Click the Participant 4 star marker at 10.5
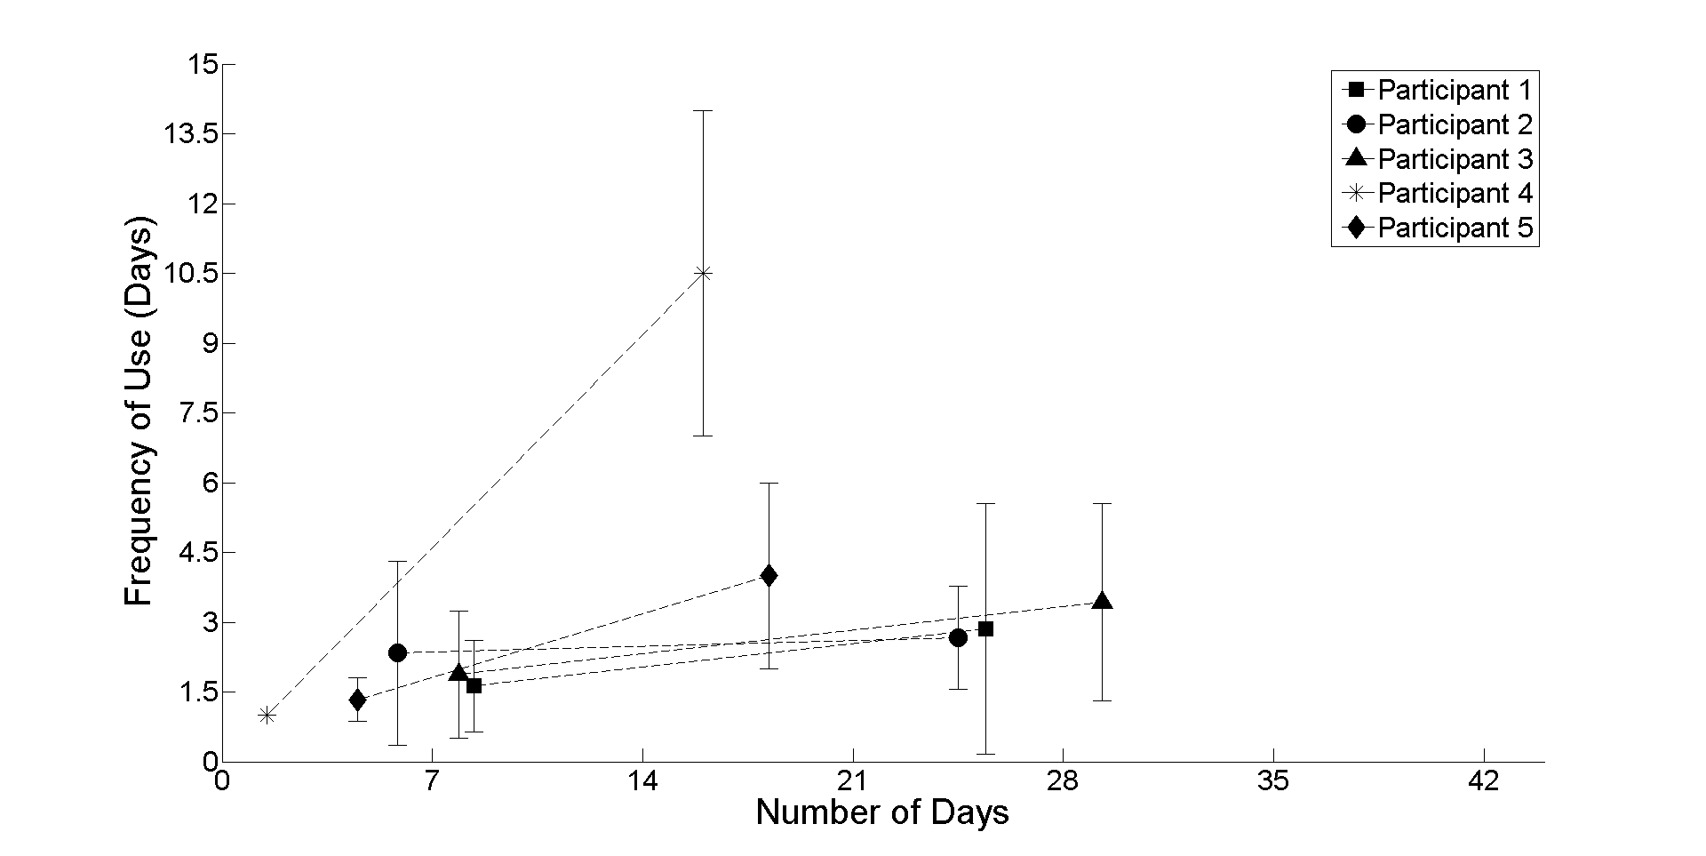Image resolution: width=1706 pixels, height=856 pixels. coord(704,273)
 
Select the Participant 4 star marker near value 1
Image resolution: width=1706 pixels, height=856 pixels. coord(267,715)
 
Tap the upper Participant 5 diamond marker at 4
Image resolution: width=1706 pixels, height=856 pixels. coord(769,575)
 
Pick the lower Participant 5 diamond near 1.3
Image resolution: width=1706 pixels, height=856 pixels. coord(357,700)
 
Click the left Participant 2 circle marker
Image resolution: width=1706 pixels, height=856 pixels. coord(397,652)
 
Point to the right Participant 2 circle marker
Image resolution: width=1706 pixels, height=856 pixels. coord(958,637)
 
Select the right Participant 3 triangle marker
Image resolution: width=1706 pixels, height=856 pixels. coord(1102,602)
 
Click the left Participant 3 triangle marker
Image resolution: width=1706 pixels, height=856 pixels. coord(458,673)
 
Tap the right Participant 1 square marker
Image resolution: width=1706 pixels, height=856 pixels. coord(985,628)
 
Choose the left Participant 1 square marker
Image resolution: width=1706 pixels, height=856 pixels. coord(474,685)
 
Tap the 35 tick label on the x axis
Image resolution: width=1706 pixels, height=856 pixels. coord(1273,781)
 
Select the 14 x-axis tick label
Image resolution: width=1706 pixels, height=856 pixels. coord(642,781)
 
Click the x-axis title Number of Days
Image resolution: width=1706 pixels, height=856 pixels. coord(882,812)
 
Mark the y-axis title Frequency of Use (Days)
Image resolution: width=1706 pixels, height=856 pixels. coord(140,412)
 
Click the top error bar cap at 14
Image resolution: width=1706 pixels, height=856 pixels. coord(704,110)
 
